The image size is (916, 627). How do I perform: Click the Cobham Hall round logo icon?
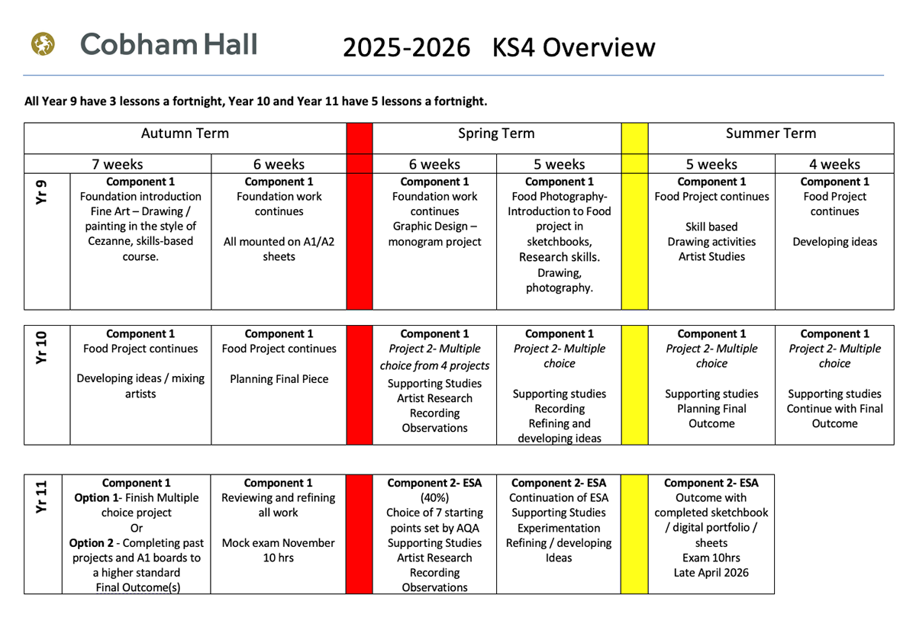tap(44, 45)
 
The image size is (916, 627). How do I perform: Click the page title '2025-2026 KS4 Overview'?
tap(498, 47)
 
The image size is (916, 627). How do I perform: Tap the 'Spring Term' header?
tap(496, 134)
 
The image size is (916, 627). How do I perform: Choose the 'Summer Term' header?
tap(771, 134)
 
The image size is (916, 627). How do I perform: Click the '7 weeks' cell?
tap(118, 164)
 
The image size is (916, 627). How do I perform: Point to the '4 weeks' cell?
tap(834, 164)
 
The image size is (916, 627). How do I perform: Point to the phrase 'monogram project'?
tap(434, 242)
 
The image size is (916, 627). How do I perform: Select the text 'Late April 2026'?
tap(711, 573)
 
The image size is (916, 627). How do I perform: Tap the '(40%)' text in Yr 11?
tap(434, 498)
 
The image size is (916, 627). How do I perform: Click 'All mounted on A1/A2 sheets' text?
tap(279, 249)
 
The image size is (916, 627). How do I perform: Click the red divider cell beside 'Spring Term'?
tap(360, 134)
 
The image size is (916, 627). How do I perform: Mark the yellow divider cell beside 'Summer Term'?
tap(634, 134)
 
